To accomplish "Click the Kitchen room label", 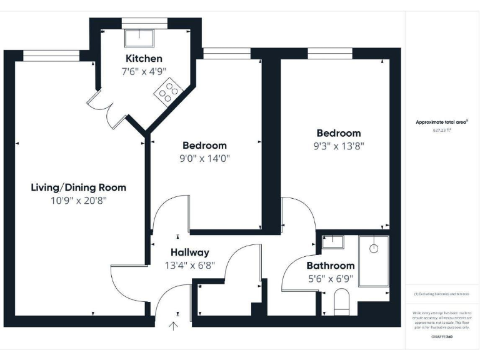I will point(144,59).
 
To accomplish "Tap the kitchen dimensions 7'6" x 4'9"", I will point(144,71).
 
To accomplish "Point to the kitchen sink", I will point(135,38).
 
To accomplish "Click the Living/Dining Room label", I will point(79,187).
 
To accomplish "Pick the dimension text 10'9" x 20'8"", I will point(79,201).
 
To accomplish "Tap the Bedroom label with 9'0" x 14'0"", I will point(205,146).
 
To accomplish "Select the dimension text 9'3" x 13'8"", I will point(339,146).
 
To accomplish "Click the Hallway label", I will point(190,252).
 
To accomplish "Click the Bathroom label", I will point(331,266).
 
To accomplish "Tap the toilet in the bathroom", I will point(342,302).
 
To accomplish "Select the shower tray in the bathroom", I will point(374,261).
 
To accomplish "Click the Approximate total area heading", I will point(442,122).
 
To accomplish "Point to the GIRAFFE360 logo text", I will point(442,337).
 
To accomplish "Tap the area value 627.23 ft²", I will point(442,131).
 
